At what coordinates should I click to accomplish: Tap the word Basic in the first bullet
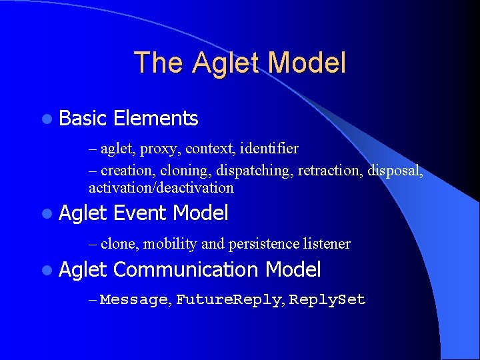coord(83,119)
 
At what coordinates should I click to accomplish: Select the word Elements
coord(156,119)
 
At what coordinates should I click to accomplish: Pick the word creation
coord(128,171)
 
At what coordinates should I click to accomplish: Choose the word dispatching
coord(255,171)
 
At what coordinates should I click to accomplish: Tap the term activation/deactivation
coord(161,188)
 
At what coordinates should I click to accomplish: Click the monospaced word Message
coord(135,300)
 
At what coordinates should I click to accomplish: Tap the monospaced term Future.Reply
coord(229,300)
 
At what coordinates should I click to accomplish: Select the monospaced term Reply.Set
coord(327,300)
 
